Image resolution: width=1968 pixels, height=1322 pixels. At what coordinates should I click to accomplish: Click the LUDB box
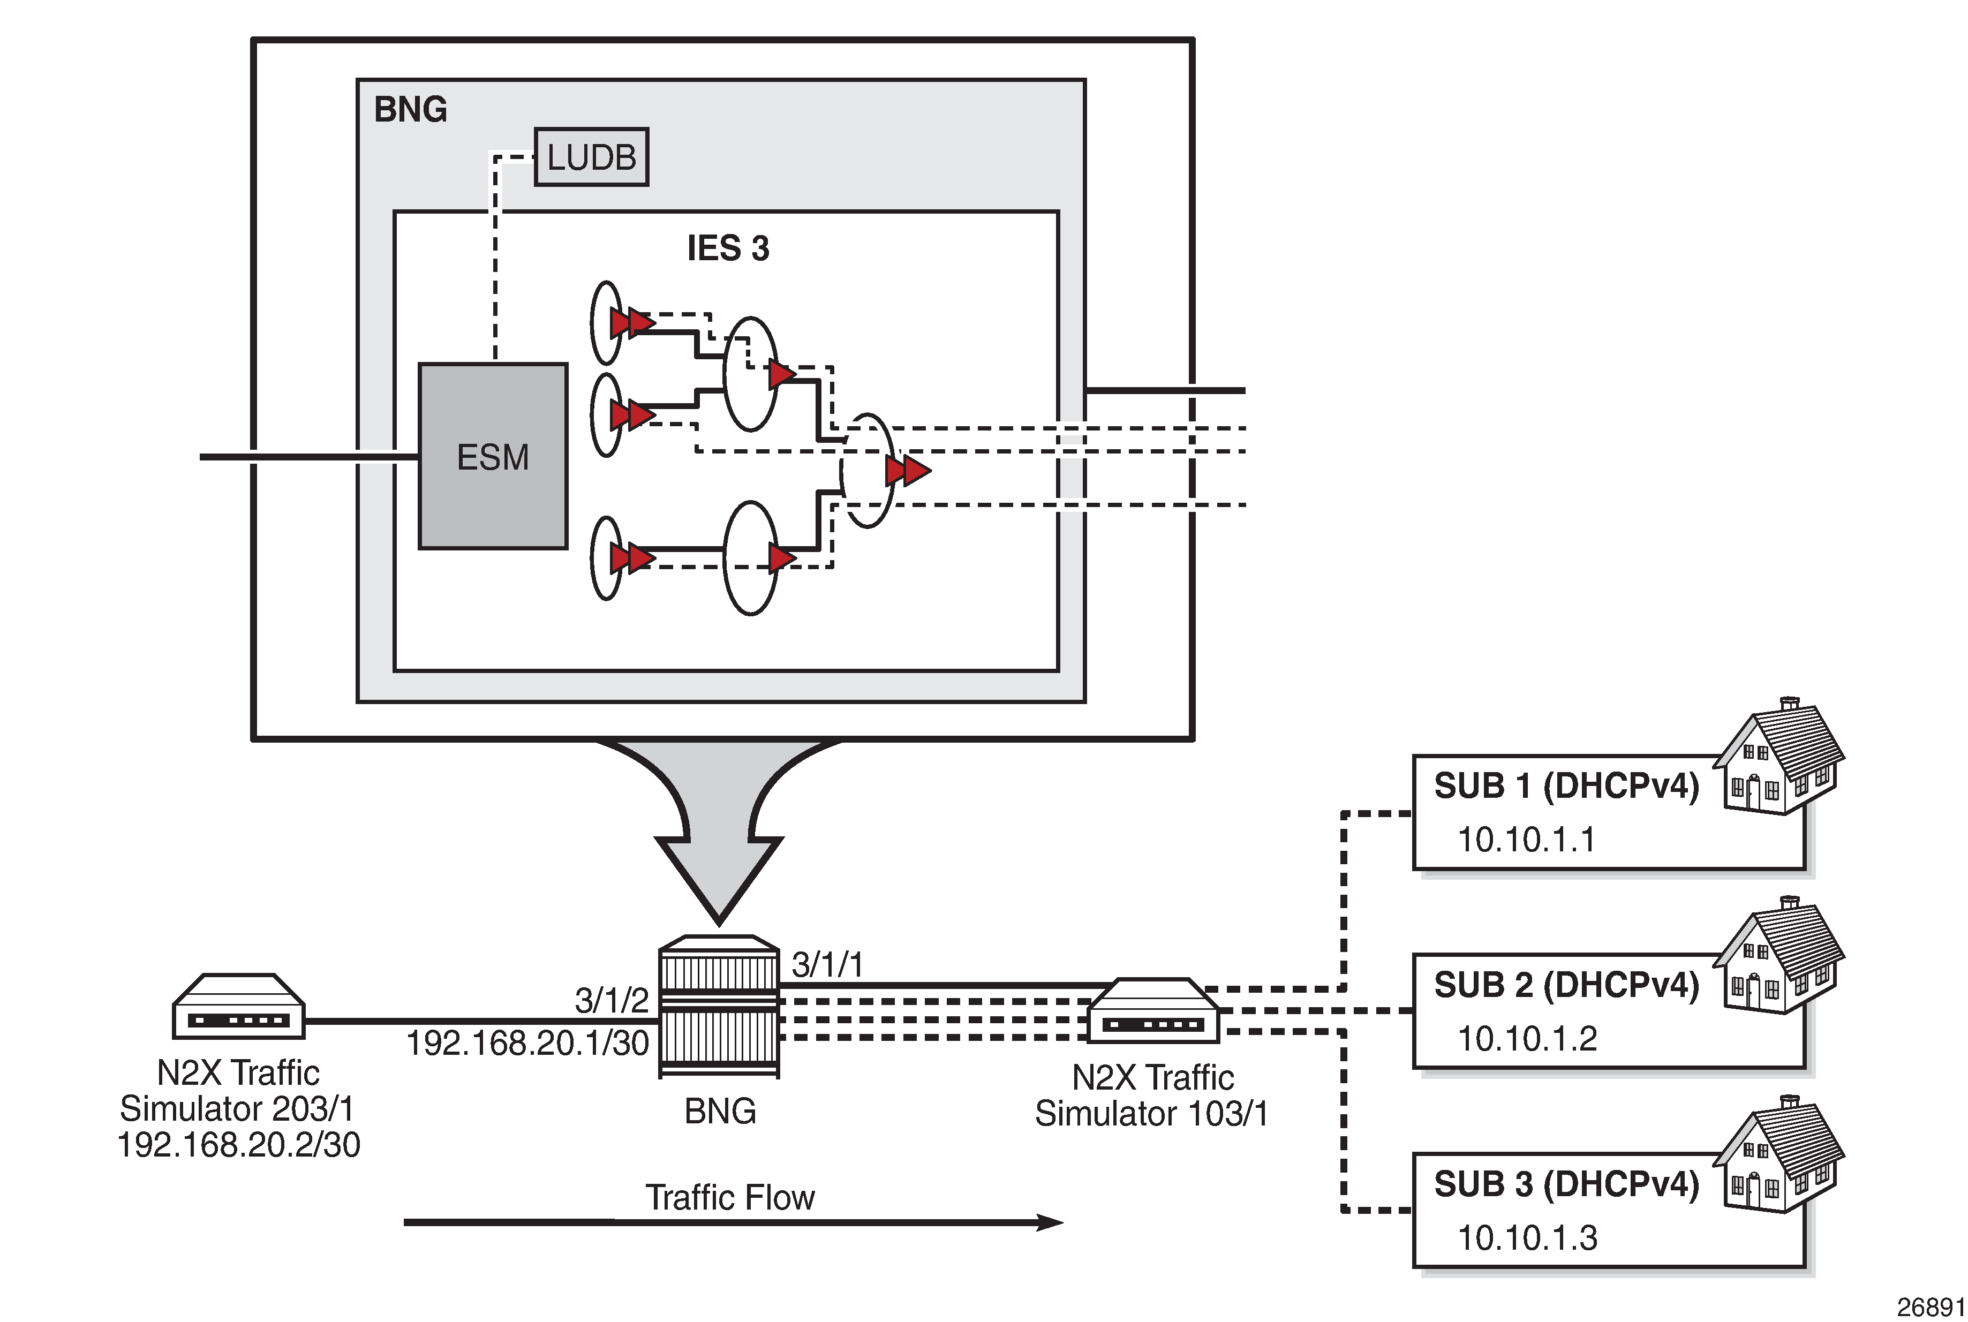591,157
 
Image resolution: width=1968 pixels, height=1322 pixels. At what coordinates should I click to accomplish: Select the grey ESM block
493,456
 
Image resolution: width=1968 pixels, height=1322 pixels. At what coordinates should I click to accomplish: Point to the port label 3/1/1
827,964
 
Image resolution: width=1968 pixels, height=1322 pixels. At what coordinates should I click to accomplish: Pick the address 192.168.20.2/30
239,1145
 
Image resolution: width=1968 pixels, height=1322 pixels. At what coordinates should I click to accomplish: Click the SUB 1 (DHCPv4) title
1566,786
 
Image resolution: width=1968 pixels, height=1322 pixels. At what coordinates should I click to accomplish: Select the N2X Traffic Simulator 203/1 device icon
239,1008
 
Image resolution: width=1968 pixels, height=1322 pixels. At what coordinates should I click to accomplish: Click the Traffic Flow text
730,1197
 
